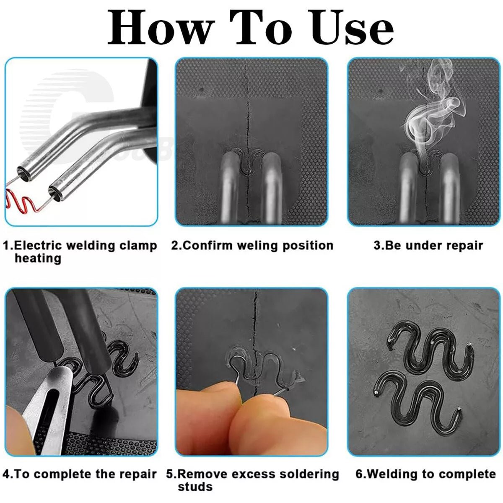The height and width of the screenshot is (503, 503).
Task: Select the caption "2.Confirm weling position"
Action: pyautogui.click(x=252, y=245)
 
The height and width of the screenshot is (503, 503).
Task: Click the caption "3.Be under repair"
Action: pyautogui.click(x=428, y=245)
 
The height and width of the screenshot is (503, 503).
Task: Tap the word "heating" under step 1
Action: pyautogui.click(x=38, y=258)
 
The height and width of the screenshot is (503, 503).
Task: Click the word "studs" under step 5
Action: pyautogui.click(x=195, y=487)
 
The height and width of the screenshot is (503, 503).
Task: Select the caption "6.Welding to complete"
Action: pyautogui.click(x=425, y=474)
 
